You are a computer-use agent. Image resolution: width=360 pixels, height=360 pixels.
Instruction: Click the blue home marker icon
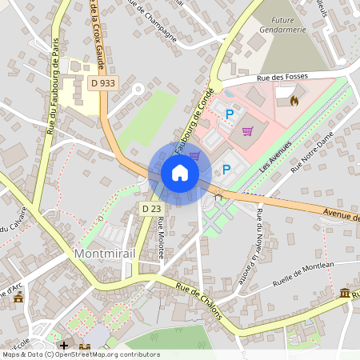click(x=180, y=173)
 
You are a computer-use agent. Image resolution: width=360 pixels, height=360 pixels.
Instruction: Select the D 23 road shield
click(x=151, y=208)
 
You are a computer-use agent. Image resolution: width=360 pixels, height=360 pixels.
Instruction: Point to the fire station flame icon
click(x=294, y=101)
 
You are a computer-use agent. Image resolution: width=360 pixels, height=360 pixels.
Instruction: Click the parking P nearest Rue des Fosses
click(x=230, y=114)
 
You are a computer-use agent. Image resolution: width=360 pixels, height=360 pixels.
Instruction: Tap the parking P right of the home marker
click(x=226, y=169)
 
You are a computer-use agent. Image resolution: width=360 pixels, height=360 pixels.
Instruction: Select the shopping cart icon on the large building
click(x=247, y=130)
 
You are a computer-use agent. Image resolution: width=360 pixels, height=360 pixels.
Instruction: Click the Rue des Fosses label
click(x=282, y=78)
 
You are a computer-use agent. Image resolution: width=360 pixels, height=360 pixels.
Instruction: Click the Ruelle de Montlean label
click(x=303, y=276)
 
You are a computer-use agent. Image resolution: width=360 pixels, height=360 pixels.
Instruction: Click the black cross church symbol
click(x=64, y=345)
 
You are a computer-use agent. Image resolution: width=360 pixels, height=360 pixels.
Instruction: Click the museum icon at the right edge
click(x=345, y=294)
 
